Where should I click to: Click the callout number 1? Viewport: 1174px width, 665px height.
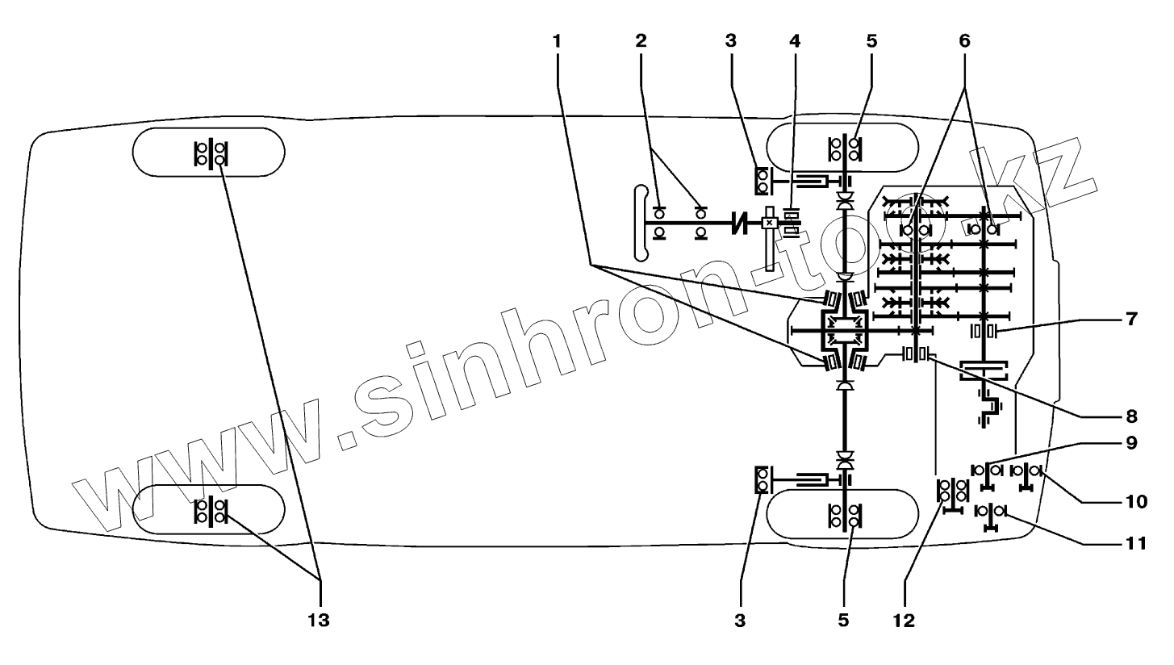click(556, 40)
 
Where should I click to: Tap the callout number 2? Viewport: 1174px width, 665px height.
click(641, 40)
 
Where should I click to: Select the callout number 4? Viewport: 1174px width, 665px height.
click(796, 40)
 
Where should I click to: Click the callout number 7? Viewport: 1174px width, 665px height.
click(1132, 320)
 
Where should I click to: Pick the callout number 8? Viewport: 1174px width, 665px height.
click(1132, 416)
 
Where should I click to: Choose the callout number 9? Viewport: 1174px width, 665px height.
click(1132, 443)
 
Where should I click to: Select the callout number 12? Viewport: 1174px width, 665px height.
click(905, 621)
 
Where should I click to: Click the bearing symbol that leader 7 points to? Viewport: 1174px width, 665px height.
click(984, 331)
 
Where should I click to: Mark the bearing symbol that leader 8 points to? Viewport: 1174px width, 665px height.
click(915, 354)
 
